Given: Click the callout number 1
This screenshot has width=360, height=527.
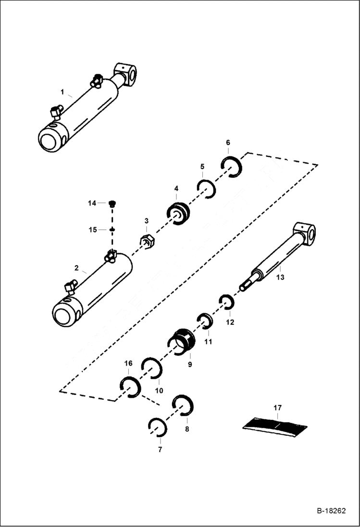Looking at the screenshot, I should [x=62, y=91].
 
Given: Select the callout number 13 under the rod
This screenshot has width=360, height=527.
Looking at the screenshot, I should [x=280, y=277].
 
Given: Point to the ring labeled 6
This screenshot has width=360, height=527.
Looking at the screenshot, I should [x=233, y=166].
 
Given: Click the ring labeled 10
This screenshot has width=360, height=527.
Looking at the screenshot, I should [x=152, y=368].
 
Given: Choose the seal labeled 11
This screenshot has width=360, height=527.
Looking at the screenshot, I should [x=205, y=320].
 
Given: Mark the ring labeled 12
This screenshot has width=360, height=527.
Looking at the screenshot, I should [x=226, y=302].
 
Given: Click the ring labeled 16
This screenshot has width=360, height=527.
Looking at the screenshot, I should [x=130, y=387].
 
